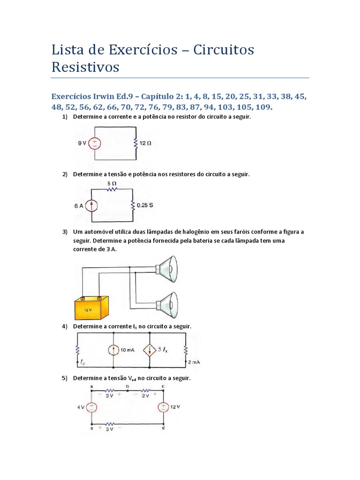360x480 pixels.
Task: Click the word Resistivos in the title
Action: pyautogui.click(x=85, y=67)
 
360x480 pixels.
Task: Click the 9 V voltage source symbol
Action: pyautogui.click(x=94, y=143)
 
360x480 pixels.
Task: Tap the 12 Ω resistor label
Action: pyautogui.click(x=145, y=143)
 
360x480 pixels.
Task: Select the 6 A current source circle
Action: pyautogui.click(x=92, y=205)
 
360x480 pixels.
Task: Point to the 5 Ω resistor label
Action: pyautogui.click(x=112, y=183)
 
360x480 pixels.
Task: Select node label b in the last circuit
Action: pyautogui.click(x=127, y=386)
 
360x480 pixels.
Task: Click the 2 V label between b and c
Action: pyautogui.click(x=145, y=396)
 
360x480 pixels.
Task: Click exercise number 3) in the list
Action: pyautogui.click(x=65, y=232)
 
